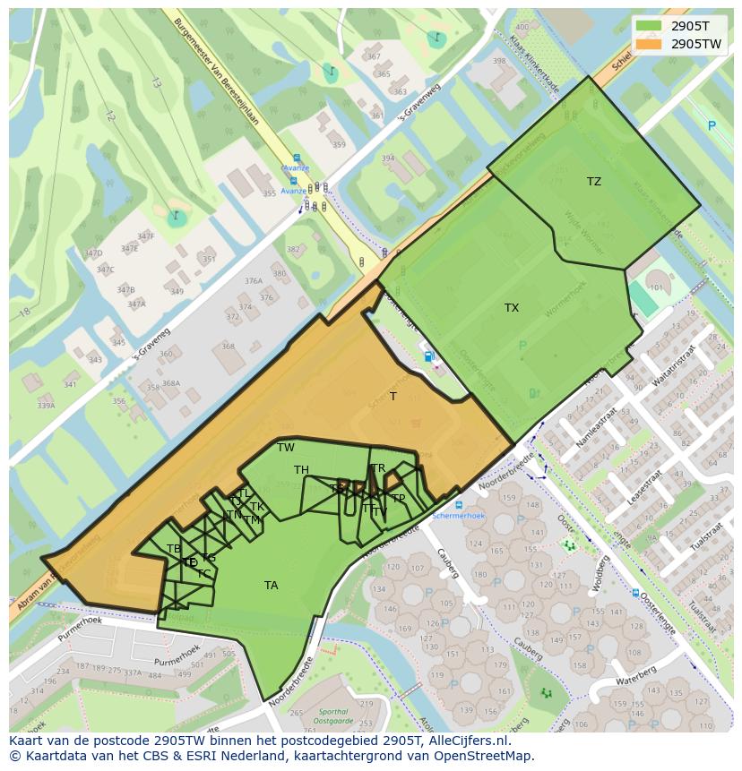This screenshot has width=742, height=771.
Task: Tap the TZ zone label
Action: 594,182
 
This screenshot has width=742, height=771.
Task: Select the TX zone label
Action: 512,308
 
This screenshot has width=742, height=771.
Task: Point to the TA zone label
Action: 272,586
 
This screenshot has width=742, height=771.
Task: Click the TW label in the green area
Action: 286,448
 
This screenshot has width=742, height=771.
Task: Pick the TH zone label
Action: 301,470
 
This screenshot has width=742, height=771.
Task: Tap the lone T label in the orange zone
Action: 393,397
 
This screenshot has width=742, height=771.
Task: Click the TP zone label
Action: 398,499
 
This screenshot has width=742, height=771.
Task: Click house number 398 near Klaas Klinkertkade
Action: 499,62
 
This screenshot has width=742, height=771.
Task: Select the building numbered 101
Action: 656,287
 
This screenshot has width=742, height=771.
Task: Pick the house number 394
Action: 387,158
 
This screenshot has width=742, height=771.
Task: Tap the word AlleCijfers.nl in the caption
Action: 467,741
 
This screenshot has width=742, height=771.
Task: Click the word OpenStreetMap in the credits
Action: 485,756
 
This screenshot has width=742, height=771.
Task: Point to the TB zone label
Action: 174,549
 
